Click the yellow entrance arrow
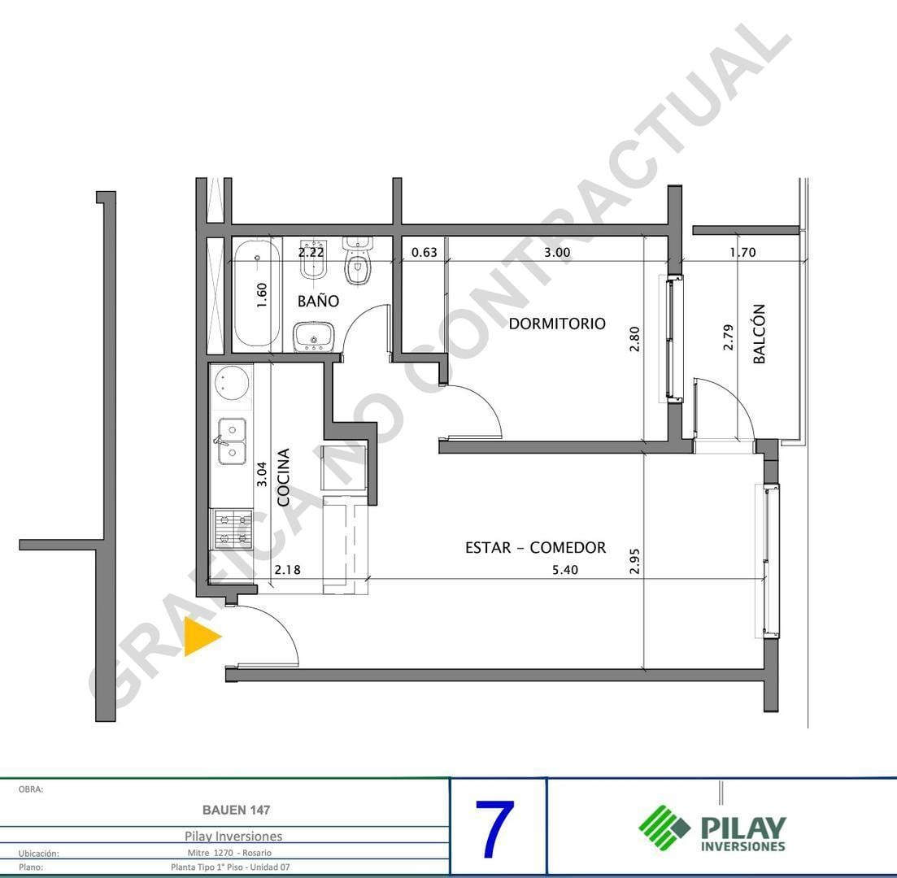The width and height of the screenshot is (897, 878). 200,636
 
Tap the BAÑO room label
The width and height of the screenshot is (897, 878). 318,301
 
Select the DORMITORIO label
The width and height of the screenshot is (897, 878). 556,324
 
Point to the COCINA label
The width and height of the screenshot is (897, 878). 283,476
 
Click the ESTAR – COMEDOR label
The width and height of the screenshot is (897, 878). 535,547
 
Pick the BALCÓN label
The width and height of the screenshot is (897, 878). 759,333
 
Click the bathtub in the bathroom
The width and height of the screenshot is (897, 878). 258,293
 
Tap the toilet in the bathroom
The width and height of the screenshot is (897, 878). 358,261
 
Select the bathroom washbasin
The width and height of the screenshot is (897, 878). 314,337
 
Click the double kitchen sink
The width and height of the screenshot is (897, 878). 233,441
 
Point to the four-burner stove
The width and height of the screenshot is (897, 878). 233,529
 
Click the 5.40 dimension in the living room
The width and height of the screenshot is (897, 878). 564,570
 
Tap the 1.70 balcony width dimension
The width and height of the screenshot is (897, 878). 742,252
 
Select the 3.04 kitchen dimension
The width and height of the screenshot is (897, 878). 261,474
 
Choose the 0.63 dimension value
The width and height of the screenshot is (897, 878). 424,252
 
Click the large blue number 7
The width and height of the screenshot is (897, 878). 494,828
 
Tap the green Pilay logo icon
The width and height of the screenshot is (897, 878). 664,827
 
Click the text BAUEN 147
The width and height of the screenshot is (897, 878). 237,810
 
